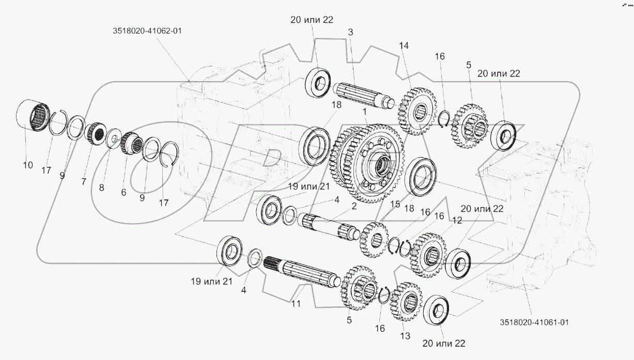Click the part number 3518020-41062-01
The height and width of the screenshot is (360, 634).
coord(147,31)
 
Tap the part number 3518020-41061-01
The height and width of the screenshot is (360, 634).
coord(534,322)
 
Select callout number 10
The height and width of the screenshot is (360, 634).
coord(27,165)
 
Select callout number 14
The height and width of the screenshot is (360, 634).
coord(403,45)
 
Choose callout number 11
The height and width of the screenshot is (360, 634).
coord(296,304)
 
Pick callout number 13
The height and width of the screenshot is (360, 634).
coord(405,336)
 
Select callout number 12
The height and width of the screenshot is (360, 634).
coord(456,221)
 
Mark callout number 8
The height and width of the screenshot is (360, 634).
coord(101,188)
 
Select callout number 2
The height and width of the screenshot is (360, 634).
coord(354,207)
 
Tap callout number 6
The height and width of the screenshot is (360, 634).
coord(123,192)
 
